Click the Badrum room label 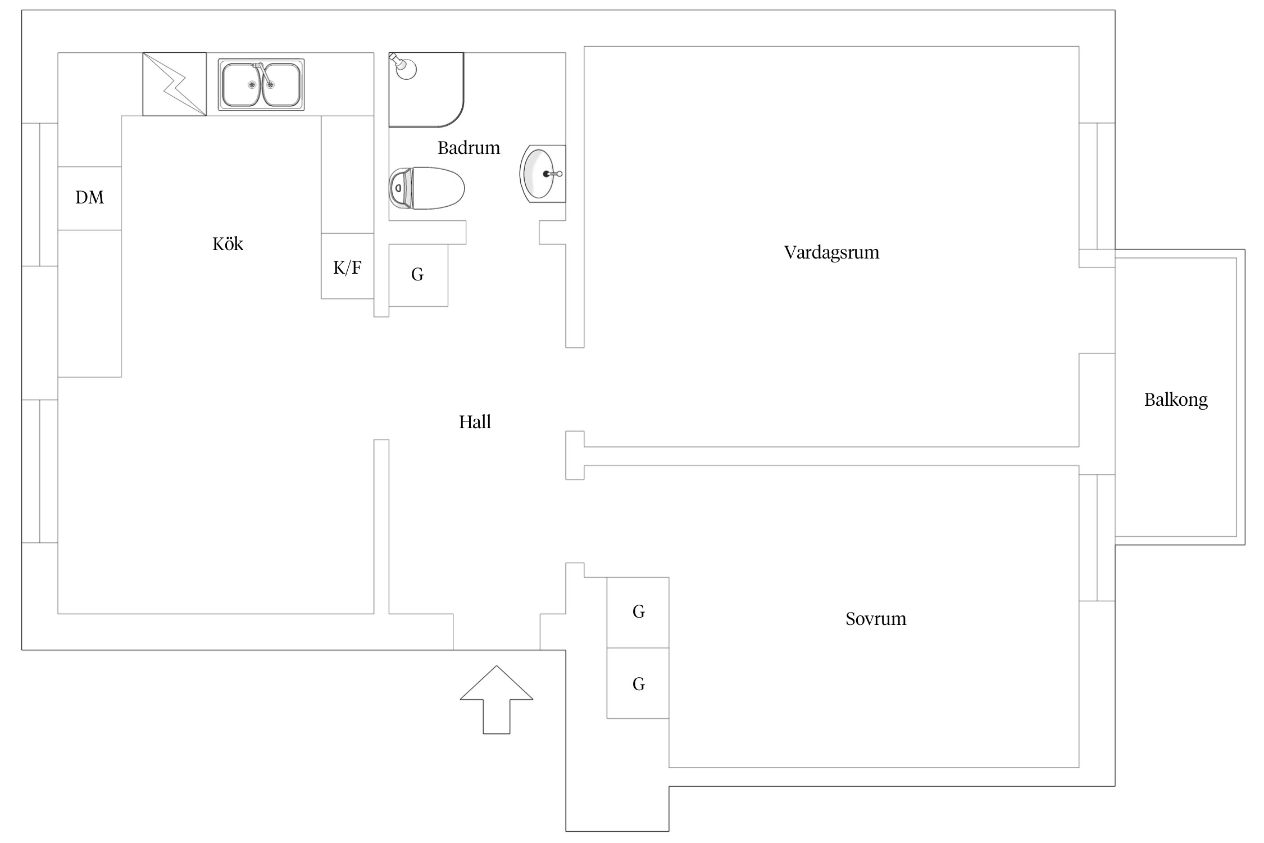tap(469, 148)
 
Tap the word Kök tap(228, 243)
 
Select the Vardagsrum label tap(831, 252)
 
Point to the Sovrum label tap(876, 619)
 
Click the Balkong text tap(1176, 400)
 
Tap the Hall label tap(475, 422)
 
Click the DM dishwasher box tap(89, 198)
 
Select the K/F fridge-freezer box tap(347, 266)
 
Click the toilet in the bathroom tap(427, 188)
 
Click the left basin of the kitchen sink tap(242, 85)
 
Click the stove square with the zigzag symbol tap(174, 84)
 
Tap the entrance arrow tap(497, 699)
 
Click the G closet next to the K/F tap(418, 275)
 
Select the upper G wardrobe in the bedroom tap(638, 612)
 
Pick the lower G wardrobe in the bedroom tap(638, 683)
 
